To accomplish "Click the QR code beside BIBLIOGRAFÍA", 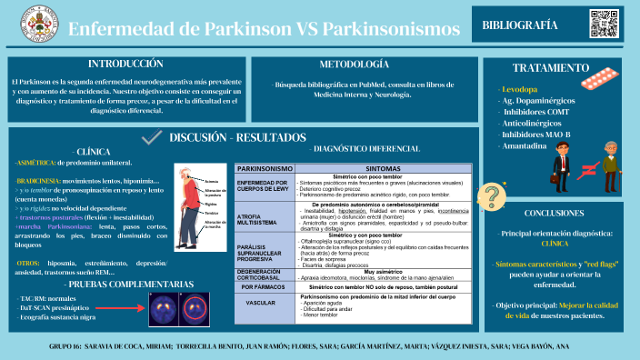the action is (x=603, y=24).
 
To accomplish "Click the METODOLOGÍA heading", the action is (x=355, y=65).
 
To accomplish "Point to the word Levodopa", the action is (x=518, y=89).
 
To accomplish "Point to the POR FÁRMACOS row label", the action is (x=265, y=286).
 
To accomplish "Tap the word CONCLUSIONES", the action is (x=560, y=214).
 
